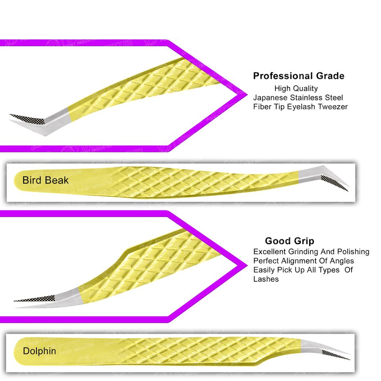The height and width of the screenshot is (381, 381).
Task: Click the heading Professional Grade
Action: tap(298, 76)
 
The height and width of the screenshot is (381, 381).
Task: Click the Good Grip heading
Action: tap(289, 241)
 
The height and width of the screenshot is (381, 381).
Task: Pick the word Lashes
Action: tap(266, 279)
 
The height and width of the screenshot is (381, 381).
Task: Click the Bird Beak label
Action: tap(45, 181)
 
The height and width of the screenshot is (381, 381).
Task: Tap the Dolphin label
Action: tap(39, 351)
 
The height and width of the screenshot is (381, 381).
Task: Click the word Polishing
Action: tap(353, 252)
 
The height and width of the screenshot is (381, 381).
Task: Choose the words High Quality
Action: tap(296, 88)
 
